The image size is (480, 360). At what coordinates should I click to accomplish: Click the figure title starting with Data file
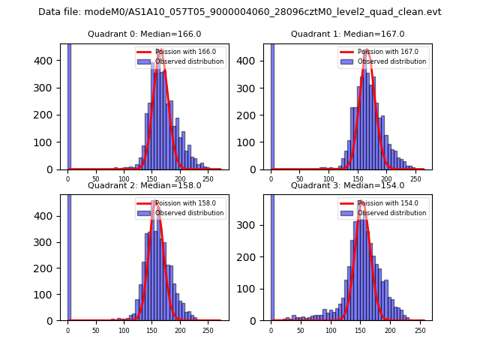pyautogui.click(x=240, y=12)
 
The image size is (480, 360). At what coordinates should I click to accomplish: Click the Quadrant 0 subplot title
pyautogui.click(x=144, y=34)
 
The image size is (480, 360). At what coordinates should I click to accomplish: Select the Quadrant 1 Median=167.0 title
pyautogui.click(x=347, y=34)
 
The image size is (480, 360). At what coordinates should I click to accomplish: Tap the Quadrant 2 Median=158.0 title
pyautogui.click(x=144, y=185)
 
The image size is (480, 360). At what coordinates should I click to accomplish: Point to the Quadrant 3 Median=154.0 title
pyautogui.click(x=347, y=185)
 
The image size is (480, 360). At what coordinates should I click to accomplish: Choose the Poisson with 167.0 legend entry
pyautogui.click(x=383, y=52)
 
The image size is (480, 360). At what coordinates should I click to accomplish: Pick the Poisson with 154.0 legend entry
pyautogui.click(x=383, y=203)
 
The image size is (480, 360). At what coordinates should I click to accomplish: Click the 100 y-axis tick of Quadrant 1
pyautogui.click(x=254, y=142)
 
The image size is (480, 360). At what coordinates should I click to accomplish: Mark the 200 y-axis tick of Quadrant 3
pyautogui.click(x=254, y=257)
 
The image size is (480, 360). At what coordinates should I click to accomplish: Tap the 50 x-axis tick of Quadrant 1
pyautogui.click(x=300, y=179)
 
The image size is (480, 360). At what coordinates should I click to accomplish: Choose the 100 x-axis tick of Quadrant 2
pyautogui.click(x=124, y=330)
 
